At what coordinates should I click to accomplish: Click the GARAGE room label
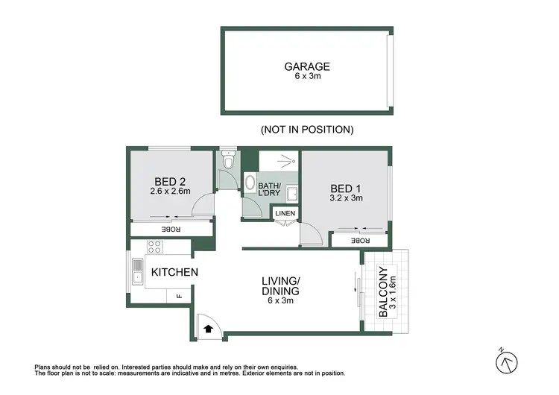306,66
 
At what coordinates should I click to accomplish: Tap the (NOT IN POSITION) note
306,130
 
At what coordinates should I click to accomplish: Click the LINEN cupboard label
285,214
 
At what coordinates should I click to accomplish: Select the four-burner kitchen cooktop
154,247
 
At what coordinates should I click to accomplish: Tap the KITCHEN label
174,272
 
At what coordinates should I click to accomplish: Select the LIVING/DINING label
280,286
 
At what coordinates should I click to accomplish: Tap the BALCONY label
383,292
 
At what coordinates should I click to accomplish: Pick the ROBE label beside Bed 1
360,241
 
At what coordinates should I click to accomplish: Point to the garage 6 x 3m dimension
306,76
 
